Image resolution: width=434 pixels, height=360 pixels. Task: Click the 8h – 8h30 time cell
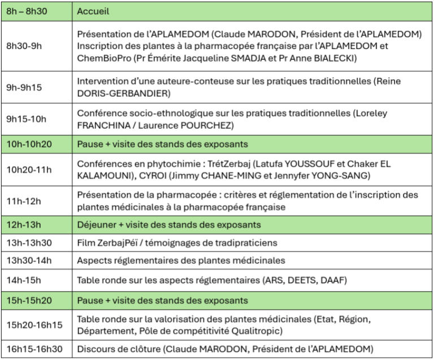point(27,11)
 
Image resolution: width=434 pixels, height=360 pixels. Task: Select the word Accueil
point(93,11)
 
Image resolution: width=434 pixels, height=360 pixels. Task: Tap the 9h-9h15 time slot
point(20,87)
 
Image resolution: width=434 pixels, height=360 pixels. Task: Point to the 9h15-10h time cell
point(23,118)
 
